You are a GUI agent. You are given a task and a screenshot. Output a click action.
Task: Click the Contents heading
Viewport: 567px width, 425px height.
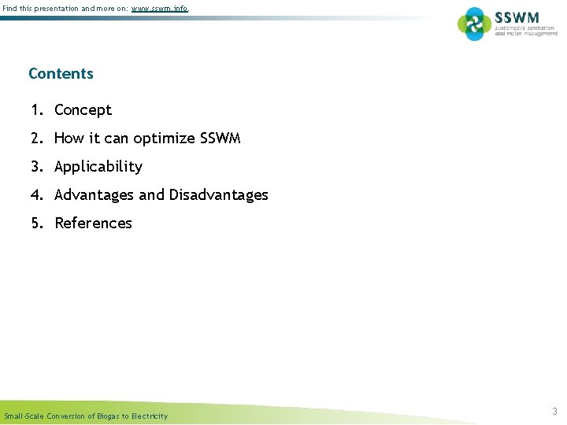[61, 74]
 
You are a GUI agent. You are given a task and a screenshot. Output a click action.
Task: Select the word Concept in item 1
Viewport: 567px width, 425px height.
[83, 110]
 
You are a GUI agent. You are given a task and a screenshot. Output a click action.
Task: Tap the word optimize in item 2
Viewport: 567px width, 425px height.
[164, 139]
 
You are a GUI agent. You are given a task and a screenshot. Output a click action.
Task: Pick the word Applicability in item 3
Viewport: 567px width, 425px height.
[98, 167]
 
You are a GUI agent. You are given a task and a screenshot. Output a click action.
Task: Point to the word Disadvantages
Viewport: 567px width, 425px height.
[218, 195]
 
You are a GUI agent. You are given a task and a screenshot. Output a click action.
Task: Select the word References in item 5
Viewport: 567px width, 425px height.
[93, 224]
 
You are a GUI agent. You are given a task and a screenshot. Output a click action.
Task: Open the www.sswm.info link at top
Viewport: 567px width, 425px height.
[160, 9]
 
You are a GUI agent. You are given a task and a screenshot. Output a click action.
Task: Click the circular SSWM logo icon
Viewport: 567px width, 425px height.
[474, 24]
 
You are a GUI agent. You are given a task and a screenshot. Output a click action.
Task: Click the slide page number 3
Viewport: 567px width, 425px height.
[554, 411]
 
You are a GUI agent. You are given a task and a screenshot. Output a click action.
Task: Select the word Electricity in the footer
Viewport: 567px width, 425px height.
[150, 416]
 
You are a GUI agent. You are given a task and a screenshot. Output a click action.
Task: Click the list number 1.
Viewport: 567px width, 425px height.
[36, 110]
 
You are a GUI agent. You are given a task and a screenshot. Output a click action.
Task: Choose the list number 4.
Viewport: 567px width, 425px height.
[36, 195]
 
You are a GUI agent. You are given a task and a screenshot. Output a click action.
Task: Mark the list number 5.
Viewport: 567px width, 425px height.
[36, 224]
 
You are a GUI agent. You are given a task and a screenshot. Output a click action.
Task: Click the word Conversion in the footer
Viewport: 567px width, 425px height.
[66, 416]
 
